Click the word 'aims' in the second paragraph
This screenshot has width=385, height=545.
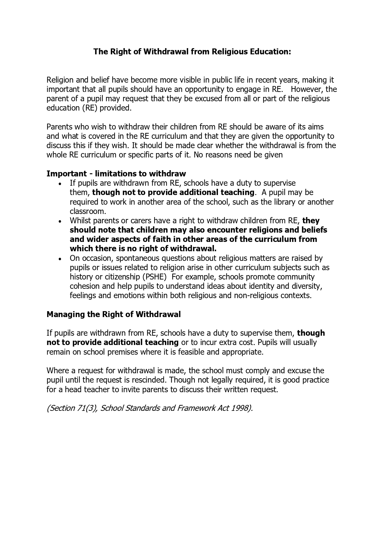click(x=316, y=127)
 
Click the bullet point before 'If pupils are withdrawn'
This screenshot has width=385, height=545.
click(x=60, y=184)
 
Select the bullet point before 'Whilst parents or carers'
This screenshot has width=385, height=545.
click(x=60, y=221)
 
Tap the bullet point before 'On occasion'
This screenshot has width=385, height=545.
click(x=60, y=259)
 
